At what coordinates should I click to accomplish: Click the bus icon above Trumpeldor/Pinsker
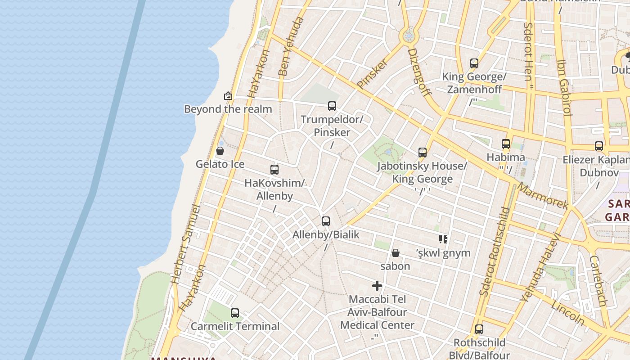tap(332, 106)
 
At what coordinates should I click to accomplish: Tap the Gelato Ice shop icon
tap(220, 151)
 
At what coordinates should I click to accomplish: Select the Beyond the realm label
tap(228, 109)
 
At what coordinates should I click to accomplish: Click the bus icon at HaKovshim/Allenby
tap(274, 170)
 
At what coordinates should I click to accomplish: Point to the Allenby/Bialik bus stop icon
tap(326, 221)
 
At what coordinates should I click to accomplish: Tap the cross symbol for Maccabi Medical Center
tap(377, 286)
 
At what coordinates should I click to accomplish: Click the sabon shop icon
tap(396, 253)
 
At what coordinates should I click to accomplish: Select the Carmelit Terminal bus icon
tap(235, 313)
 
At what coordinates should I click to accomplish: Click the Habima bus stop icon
tap(506, 144)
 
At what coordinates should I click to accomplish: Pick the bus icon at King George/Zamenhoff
tap(474, 63)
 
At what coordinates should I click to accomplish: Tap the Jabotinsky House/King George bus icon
tap(422, 153)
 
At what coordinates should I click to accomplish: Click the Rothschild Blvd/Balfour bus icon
tap(479, 329)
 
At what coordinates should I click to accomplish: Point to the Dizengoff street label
tap(419, 72)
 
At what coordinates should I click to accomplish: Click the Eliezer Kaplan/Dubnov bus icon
tap(599, 146)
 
